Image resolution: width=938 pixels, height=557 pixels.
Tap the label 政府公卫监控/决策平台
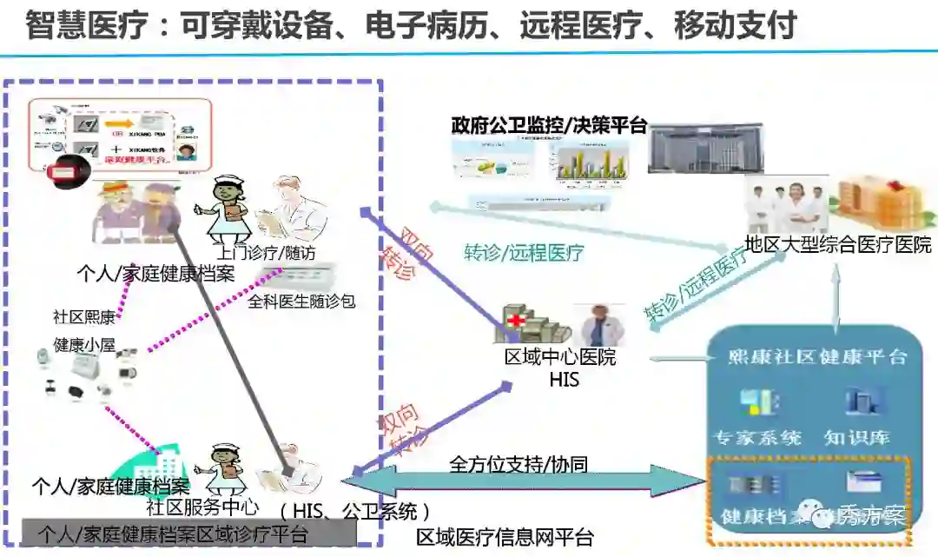549,125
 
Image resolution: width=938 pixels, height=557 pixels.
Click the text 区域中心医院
560,357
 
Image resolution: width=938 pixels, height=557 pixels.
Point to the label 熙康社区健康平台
817,357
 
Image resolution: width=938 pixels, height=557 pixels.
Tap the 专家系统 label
756,437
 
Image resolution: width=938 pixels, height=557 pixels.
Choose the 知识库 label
858,437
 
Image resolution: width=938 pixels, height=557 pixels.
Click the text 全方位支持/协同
519,464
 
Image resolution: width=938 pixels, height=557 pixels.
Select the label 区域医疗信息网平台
505,538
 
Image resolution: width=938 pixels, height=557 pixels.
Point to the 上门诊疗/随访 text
266,253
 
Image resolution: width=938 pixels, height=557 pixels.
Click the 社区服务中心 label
201,506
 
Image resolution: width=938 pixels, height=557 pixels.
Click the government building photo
705,149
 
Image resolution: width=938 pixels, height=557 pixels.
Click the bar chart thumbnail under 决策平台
591,162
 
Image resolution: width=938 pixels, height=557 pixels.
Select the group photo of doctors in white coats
787,207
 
